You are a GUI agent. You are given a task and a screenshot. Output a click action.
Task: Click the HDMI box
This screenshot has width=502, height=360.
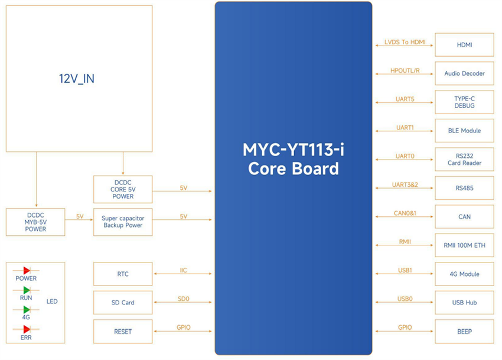tap(464, 45)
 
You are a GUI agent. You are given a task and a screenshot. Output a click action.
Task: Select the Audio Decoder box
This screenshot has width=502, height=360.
tap(464, 73)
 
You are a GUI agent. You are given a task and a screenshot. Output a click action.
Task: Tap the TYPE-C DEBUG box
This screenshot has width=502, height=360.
tap(464, 102)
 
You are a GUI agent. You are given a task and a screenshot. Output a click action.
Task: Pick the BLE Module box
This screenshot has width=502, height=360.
tap(464, 131)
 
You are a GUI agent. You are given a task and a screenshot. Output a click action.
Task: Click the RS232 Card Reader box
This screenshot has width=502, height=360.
tap(464, 159)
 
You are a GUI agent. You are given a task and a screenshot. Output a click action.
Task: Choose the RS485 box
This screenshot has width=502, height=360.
tap(464, 188)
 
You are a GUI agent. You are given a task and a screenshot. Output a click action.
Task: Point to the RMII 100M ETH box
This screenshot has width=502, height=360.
tap(464, 245)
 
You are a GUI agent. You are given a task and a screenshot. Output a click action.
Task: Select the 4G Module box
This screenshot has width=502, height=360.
tap(464, 274)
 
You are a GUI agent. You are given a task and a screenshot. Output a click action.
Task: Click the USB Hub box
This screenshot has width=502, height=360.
tap(464, 303)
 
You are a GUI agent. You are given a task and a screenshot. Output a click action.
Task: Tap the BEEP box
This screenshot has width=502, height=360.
tap(464, 332)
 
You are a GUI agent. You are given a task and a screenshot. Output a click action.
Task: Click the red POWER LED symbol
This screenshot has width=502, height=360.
tap(26, 270)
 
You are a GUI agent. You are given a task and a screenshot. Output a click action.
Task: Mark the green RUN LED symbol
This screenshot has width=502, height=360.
tap(26, 290)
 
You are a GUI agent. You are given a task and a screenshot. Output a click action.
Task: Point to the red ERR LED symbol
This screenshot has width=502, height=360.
tap(26, 329)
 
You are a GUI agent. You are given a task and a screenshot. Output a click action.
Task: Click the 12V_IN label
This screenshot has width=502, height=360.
tap(76, 79)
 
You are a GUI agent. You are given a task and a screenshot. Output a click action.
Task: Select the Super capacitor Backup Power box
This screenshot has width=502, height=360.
tap(123, 222)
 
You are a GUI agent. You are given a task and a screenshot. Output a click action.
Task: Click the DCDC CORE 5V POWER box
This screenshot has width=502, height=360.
tap(123, 189)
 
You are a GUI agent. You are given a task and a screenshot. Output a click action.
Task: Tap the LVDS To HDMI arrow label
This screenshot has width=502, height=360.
tap(405, 42)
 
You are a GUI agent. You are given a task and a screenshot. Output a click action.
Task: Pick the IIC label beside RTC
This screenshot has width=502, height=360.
tap(184, 270)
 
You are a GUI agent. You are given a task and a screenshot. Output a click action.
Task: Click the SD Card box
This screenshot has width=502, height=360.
tap(123, 303)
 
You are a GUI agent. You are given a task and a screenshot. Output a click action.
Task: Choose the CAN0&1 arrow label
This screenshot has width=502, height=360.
tap(405, 213)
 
